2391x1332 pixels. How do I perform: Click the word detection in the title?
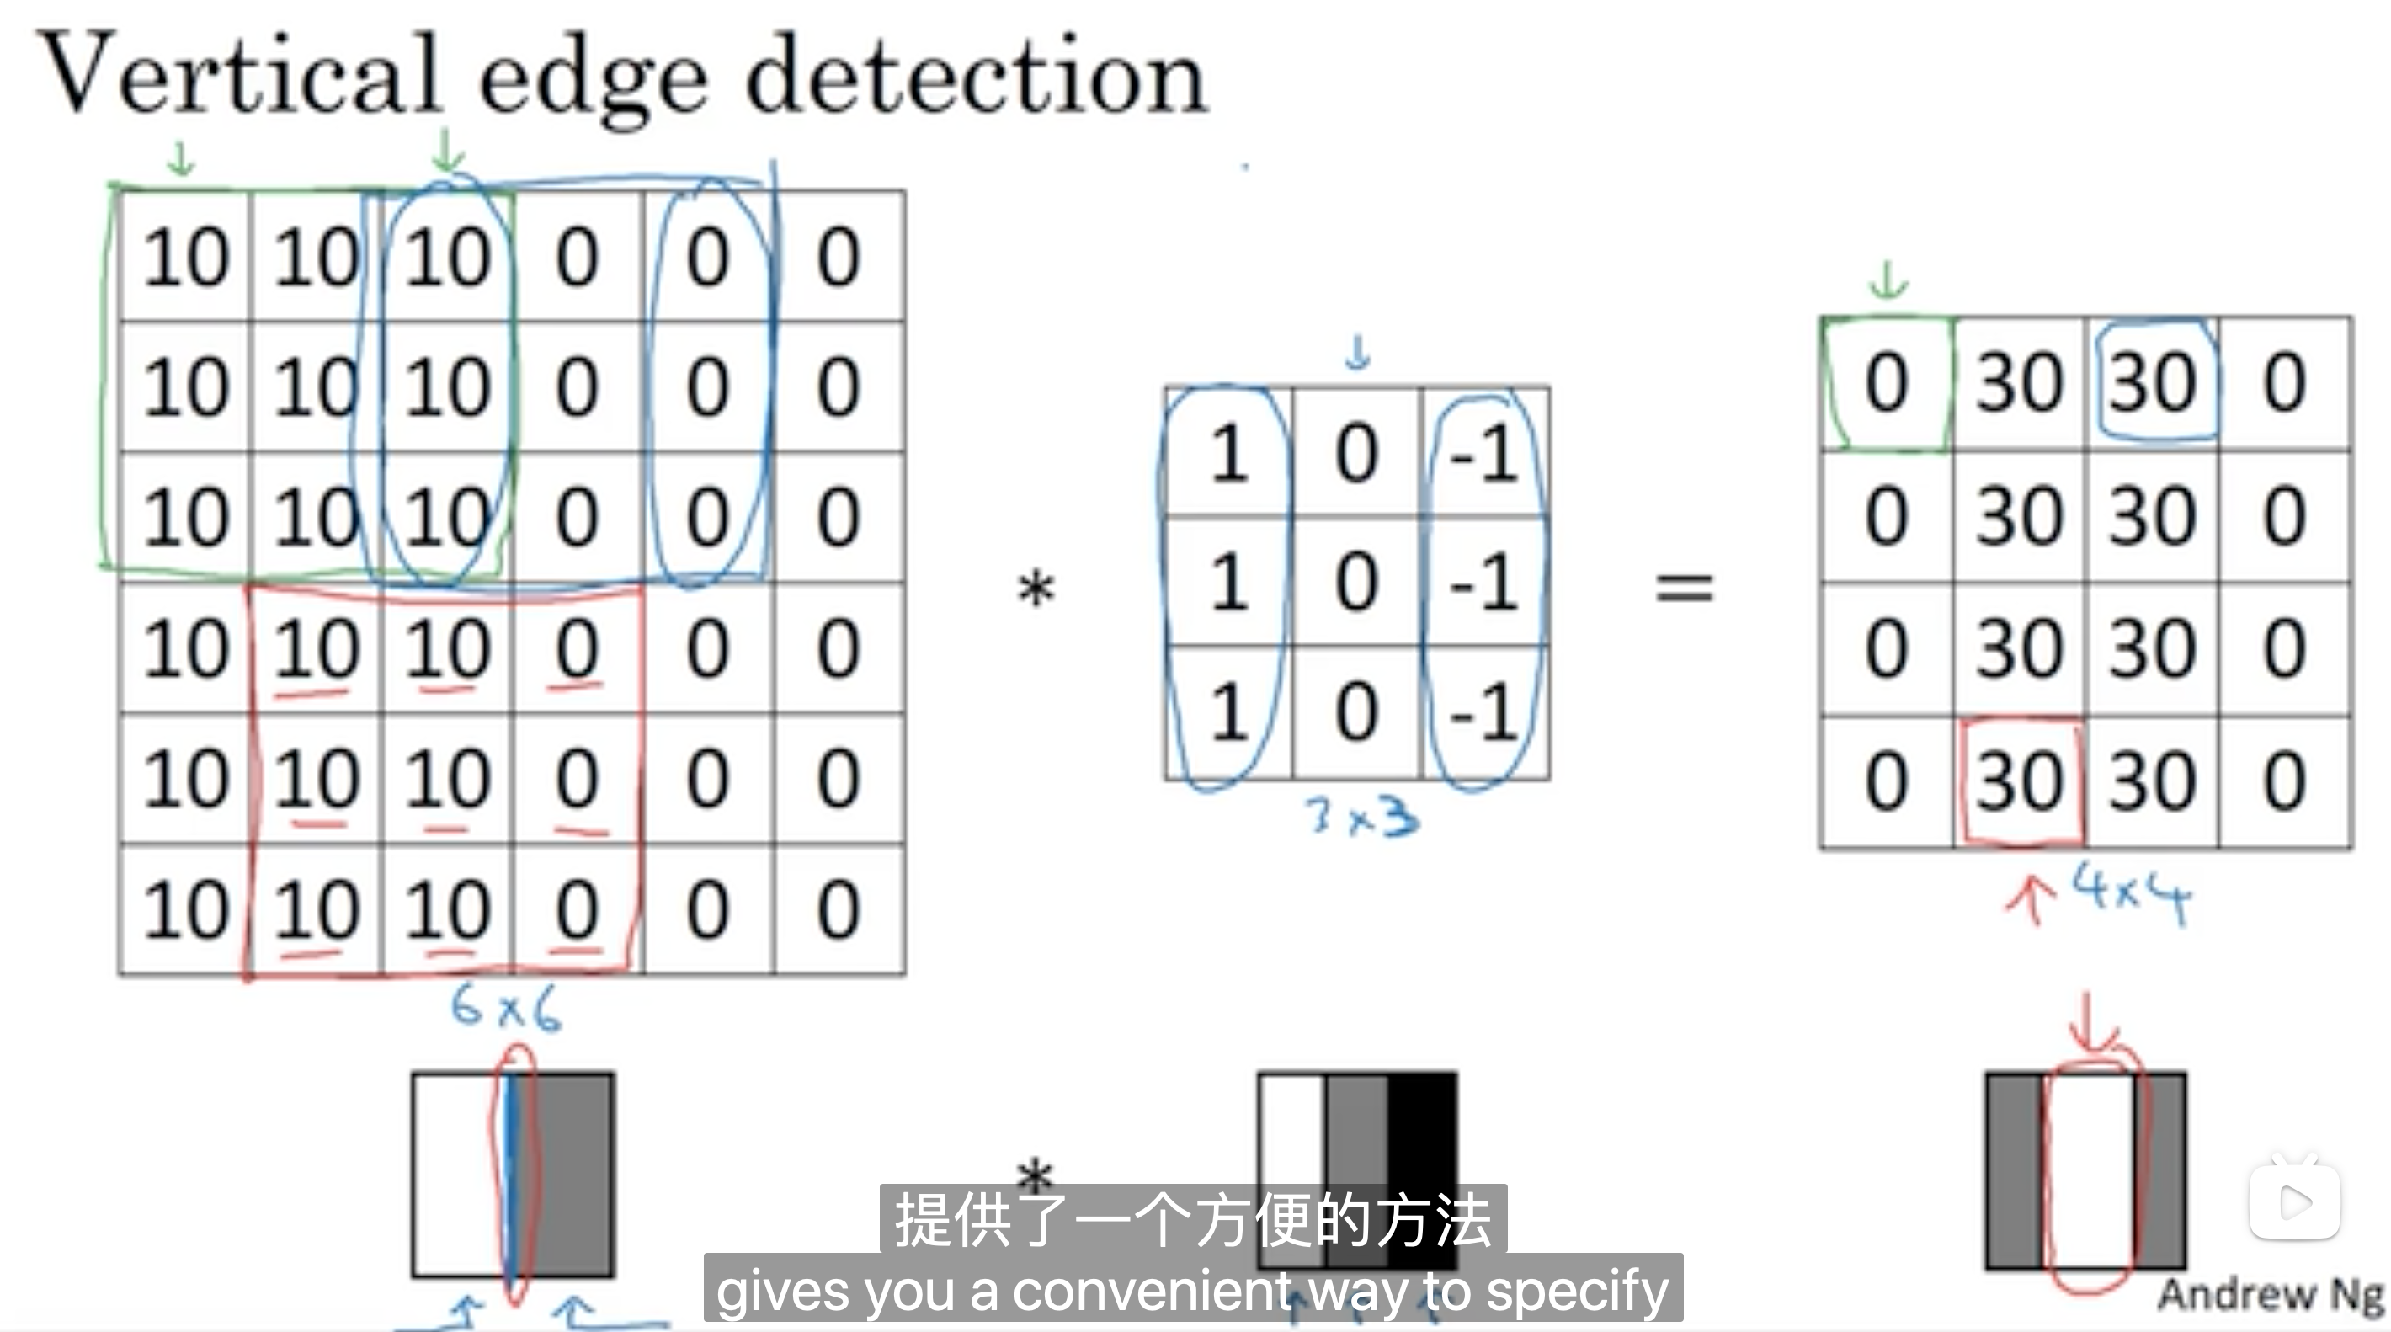click(975, 78)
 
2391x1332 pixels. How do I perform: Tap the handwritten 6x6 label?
click(506, 1008)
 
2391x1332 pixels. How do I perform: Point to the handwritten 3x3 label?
click(1361, 818)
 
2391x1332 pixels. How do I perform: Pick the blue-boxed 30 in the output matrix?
click(2154, 382)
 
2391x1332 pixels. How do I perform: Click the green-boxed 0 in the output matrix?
click(1886, 382)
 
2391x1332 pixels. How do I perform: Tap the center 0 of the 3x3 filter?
click(1356, 583)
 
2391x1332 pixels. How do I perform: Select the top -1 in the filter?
click(1483, 455)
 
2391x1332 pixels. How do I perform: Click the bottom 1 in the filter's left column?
click(1229, 712)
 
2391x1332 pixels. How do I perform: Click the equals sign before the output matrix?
click(1684, 589)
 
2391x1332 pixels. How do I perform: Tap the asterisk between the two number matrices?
click(1036, 589)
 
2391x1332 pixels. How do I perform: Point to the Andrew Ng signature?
click(2270, 1294)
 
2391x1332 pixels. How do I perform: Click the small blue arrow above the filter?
click(1358, 353)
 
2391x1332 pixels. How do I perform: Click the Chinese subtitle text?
click(1193, 1220)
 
